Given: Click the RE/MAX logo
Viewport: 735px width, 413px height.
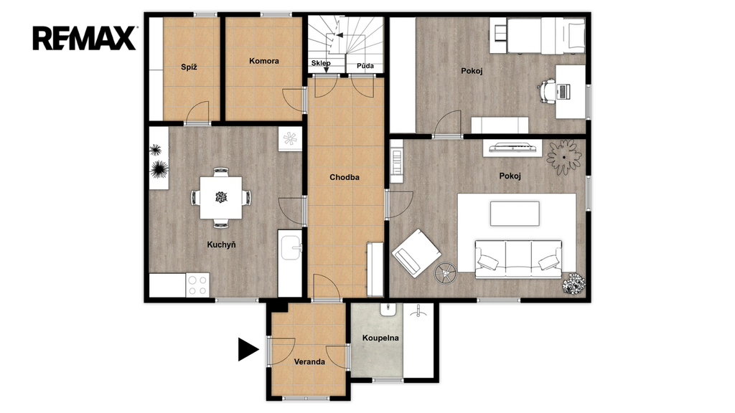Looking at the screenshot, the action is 85,39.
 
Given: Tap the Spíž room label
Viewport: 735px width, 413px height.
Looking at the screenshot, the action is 189,67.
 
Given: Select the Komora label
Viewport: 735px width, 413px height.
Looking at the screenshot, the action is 264,61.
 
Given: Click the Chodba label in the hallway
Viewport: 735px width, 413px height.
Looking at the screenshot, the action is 345,177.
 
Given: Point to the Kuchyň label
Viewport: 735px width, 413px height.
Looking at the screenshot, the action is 221,245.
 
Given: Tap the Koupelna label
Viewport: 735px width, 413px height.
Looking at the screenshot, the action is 380,338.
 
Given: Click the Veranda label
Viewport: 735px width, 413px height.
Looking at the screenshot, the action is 309,361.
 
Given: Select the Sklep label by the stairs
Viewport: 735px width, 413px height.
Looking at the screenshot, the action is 321,63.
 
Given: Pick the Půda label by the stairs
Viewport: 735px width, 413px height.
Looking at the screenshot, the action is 365,65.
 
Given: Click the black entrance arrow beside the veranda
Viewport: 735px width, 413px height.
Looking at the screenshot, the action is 248,349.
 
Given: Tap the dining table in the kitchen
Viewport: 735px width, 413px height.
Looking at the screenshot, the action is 221,198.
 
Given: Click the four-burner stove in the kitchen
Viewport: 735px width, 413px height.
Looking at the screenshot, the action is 197,285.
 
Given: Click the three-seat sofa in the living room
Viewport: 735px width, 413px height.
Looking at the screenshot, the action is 518,260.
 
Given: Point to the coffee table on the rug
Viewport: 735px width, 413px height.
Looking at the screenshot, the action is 515,214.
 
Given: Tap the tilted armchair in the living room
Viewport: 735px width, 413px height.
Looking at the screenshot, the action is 416,253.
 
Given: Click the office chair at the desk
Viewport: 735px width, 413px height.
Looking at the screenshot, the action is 548,91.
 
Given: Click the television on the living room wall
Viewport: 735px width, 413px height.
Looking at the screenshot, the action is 512,148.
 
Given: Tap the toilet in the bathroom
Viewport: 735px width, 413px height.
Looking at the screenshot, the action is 388,310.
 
